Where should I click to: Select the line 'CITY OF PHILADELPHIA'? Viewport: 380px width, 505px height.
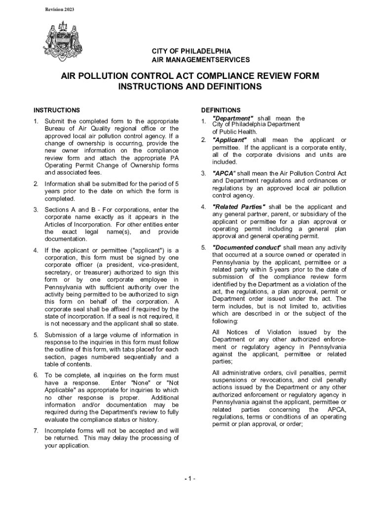(x=191, y=51)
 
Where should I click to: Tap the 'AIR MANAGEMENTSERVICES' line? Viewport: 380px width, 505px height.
(x=200, y=60)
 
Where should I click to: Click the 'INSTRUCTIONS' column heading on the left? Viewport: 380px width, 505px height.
(x=56, y=110)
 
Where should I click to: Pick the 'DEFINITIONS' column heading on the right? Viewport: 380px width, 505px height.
(x=221, y=110)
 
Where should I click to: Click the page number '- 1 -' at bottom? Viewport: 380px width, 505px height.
(x=190, y=479)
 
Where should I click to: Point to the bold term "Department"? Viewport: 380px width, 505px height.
(x=232, y=118)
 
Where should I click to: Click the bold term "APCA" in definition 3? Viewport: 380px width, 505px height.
(x=224, y=174)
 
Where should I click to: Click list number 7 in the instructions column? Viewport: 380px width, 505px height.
(x=36, y=431)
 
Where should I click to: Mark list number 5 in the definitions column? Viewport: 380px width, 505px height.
(x=203, y=248)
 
